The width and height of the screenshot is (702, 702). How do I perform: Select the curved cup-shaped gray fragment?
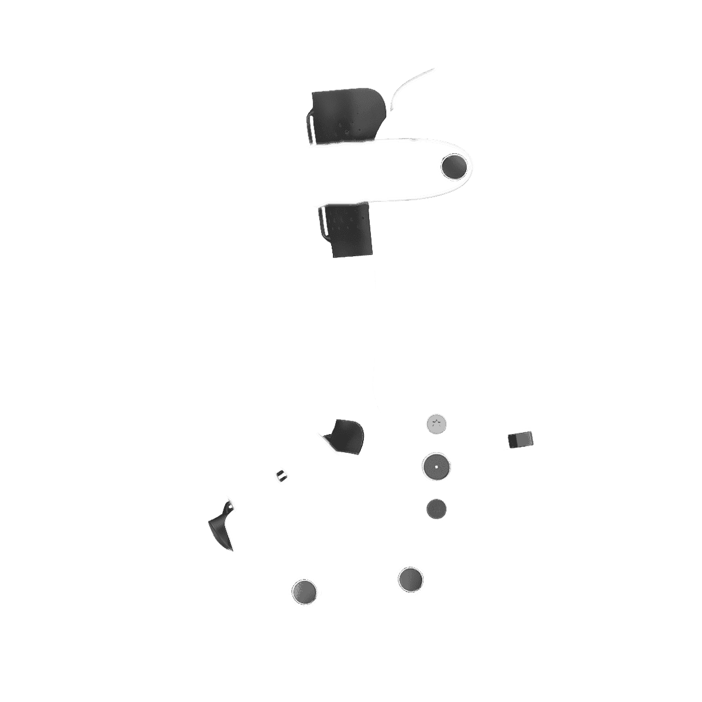tap(345, 436)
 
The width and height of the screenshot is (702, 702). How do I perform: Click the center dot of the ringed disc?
tap(436, 467)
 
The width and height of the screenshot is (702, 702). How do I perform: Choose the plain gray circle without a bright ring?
tap(436, 508)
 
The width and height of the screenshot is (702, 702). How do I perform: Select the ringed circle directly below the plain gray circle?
tap(409, 579)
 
